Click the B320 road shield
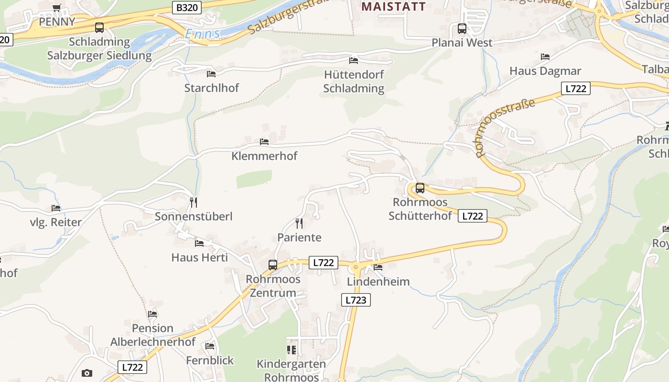point(186,7)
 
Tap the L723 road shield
point(356,300)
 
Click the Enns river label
point(203,34)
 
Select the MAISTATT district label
point(393,6)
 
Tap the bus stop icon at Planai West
point(462,28)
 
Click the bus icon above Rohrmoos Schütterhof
point(420,188)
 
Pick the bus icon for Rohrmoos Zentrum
point(272,265)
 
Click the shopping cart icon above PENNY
point(57,8)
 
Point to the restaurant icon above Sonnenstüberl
point(194,202)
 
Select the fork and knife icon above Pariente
point(299,223)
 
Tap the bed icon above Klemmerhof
point(264,142)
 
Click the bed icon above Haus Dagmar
point(545,57)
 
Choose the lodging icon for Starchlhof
point(211,74)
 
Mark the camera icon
point(86,373)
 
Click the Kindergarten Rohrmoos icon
point(291,350)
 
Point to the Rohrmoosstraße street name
point(505,127)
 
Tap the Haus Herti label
point(200,257)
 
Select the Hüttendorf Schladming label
point(354,81)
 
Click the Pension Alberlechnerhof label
point(153,335)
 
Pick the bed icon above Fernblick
point(210,346)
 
